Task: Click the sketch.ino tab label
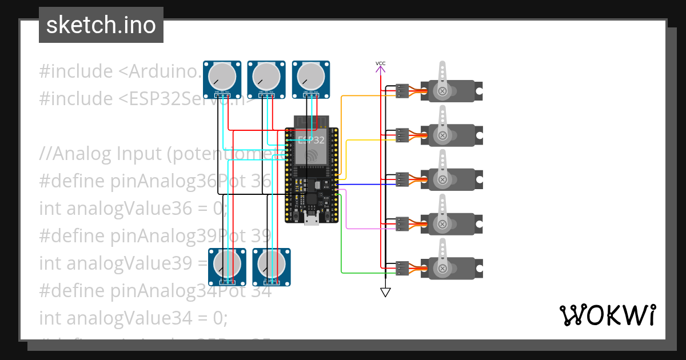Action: click(x=101, y=25)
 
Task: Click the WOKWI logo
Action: click(x=607, y=315)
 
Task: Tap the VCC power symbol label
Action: click(x=380, y=63)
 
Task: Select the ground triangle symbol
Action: click(x=385, y=293)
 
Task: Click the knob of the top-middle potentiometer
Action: click(x=266, y=76)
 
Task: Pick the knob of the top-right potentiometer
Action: click(x=310, y=76)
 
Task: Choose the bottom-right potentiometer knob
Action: click(x=272, y=264)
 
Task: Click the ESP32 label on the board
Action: click(x=312, y=139)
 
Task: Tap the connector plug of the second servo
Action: click(x=402, y=135)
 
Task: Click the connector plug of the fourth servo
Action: click(x=402, y=223)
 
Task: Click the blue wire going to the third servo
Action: click(x=366, y=185)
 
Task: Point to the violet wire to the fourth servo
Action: click(x=366, y=229)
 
